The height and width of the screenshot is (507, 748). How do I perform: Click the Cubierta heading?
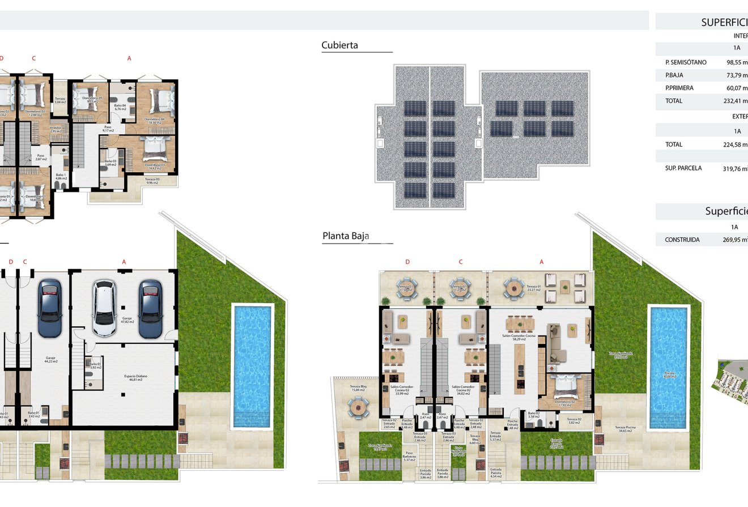339,45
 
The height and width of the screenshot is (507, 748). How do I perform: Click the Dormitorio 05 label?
92,100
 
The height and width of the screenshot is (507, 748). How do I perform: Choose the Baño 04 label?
120,107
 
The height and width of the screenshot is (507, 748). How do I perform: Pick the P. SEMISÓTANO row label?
686,62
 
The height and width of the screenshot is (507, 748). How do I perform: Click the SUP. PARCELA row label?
683,168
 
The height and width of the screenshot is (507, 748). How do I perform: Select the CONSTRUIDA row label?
682,240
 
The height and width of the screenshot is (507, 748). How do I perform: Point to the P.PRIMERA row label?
679,88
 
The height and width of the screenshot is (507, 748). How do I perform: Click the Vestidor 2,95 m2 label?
55,129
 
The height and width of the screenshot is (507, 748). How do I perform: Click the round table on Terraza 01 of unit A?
514,287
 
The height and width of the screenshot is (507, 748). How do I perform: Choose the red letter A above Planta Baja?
541,262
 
